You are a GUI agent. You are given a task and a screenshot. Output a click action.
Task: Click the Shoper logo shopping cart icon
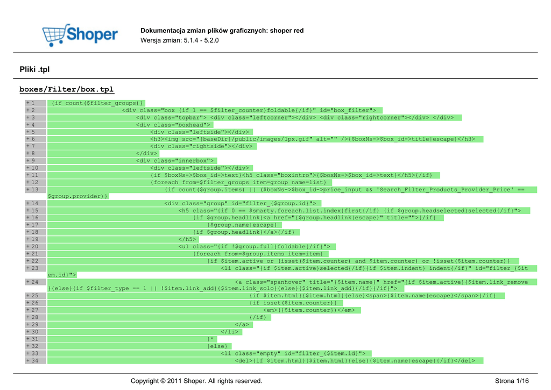point(55,35)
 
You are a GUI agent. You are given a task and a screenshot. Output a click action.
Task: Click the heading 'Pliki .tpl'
point(34,69)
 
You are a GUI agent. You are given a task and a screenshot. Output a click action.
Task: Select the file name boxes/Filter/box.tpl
point(67,89)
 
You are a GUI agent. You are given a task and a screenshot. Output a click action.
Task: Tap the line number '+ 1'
point(30,103)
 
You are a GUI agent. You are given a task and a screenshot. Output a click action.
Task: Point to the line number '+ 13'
point(32,190)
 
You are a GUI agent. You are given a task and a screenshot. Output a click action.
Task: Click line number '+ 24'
point(32,282)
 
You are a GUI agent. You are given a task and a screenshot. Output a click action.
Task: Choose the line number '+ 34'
point(32,360)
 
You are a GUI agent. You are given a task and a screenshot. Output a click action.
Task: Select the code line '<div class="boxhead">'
point(173,124)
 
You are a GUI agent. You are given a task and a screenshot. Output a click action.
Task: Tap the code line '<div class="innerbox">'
point(175,161)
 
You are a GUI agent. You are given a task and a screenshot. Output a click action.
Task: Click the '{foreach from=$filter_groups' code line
point(238,182)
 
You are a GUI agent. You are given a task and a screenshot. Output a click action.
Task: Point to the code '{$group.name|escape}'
point(242,225)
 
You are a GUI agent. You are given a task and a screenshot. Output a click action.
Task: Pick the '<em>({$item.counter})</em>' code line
point(309,310)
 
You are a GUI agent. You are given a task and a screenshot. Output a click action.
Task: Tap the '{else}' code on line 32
point(217,346)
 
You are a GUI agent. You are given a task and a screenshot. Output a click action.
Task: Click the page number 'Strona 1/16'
point(512,381)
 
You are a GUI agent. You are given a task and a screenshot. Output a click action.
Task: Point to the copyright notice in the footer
point(196,381)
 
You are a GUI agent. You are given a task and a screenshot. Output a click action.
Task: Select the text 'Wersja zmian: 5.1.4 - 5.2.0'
point(180,40)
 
